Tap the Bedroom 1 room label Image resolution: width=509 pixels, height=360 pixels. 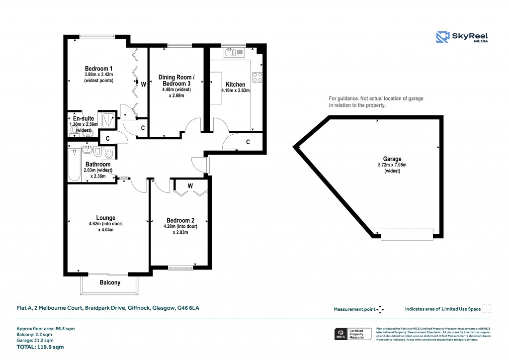pyautogui.click(x=98, y=69)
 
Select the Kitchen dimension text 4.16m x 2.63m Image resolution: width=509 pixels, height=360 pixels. pyautogui.click(x=235, y=91)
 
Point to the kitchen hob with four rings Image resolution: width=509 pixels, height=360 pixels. pyautogui.click(x=257, y=77)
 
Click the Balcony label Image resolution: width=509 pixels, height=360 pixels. pyautogui.click(x=110, y=282)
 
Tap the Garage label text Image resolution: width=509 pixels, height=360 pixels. pyautogui.click(x=392, y=159)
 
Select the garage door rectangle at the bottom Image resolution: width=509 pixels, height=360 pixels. pyautogui.click(x=407, y=233)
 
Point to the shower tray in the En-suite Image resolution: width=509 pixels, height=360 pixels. pyautogui.click(x=107, y=119)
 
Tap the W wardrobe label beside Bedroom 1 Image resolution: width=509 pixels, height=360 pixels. pyautogui.click(x=143, y=85)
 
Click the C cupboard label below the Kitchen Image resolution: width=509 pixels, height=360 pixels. pyautogui.click(x=248, y=142)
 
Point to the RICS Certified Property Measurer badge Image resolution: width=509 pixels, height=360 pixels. pyautogui.click(x=353, y=334)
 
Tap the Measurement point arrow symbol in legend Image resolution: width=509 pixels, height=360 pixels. pyautogui.click(x=380, y=309)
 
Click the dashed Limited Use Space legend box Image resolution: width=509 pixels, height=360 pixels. pyautogui.click(x=487, y=309)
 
